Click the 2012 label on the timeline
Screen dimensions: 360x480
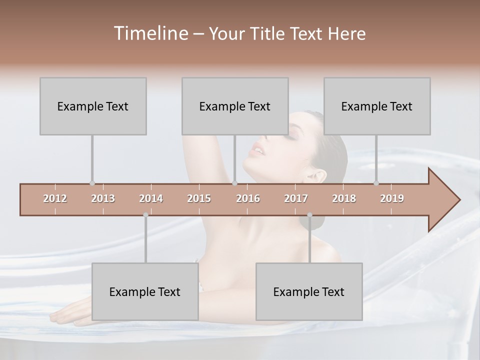55,198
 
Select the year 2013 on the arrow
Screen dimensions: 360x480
103,198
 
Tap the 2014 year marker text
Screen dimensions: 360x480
151,198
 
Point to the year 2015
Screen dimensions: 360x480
199,198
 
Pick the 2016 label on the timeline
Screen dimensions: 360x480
248,198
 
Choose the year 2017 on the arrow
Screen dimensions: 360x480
296,198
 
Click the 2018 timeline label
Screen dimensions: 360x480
344,198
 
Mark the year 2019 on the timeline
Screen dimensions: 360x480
392,198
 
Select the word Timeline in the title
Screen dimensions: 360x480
149,33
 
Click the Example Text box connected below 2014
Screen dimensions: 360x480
145,291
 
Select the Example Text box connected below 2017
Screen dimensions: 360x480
309,291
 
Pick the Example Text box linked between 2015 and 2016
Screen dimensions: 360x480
235,106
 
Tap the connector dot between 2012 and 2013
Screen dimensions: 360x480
92,183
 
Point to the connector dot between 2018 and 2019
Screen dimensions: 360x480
376,183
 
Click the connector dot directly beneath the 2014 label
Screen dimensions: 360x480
145,215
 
